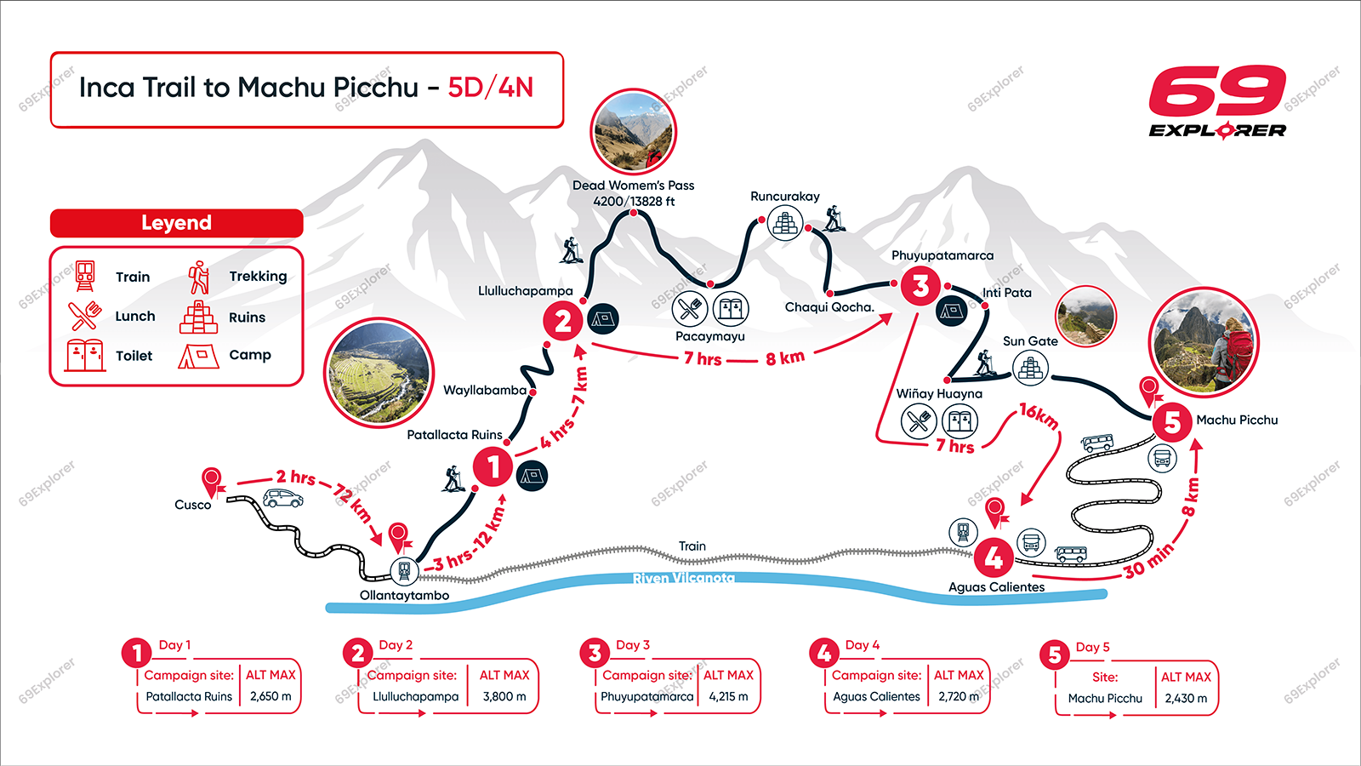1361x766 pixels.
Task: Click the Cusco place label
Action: (192, 505)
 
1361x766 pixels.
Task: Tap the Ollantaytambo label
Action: (404, 595)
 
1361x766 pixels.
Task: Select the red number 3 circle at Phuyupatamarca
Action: (920, 286)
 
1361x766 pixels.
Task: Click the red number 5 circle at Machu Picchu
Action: (1172, 421)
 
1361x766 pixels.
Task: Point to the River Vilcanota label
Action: (683, 578)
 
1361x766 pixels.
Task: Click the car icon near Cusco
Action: (283, 498)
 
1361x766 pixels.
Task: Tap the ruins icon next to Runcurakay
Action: (785, 223)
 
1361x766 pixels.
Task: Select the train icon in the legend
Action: (84, 276)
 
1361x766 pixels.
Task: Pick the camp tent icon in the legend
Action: (198, 356)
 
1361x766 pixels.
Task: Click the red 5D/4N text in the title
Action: (491, 88)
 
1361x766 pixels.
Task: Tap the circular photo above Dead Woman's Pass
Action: (633, 132)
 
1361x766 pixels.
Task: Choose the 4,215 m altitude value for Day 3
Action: (728, 696)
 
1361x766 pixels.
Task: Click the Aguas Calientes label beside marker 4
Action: (996, 587)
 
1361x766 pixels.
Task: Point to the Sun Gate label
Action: (1030, 341)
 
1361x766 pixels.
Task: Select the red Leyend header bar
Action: (176, 223)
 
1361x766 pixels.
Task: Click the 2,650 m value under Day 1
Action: (270, 696)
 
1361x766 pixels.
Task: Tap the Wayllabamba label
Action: (485, 390)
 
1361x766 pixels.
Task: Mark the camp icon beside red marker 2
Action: (603, 319)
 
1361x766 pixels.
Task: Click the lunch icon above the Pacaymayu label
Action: (690, 308)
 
